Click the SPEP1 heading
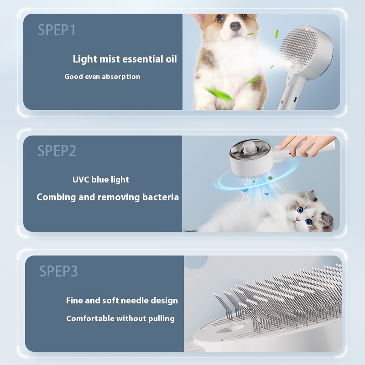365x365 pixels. click(x=57, y=30)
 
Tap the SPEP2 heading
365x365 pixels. click(x=57, y=151)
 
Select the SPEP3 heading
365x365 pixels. click(x=58, y=271)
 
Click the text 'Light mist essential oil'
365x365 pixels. click(x=125, y=59)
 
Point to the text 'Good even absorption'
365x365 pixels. click(x=102, y=77)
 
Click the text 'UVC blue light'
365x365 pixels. click(x=100, y=179)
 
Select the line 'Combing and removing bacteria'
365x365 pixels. click(x=108, y=197)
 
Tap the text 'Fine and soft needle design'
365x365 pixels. click(x=122, y=301)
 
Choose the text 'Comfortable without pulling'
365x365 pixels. click(x=120, y=318)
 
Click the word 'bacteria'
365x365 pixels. click(x=159, y=197)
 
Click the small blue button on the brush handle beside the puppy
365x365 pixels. click(x=288, y=83)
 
